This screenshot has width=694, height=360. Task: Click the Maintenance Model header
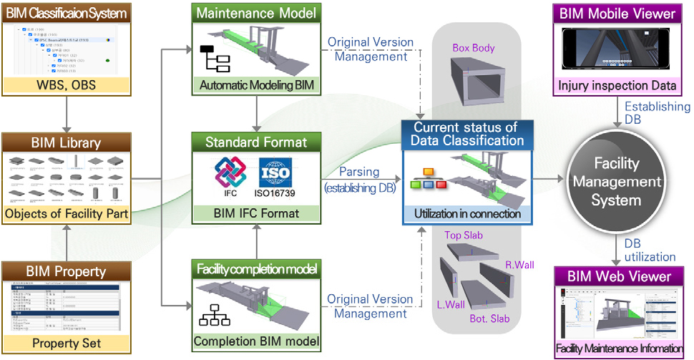pos(255,12)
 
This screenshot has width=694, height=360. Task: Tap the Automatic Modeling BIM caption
pos(255,86)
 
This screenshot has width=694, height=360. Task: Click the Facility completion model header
pos(255,270)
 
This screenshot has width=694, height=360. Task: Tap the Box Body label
pos(474,47)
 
